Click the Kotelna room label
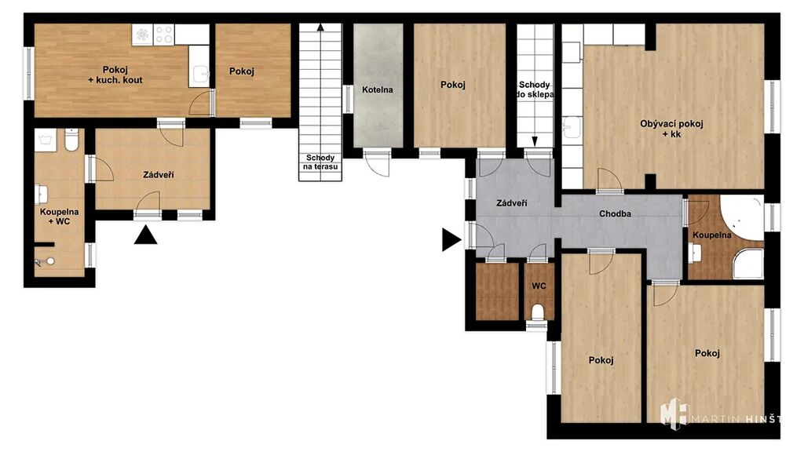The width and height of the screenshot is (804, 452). tap(378, 89)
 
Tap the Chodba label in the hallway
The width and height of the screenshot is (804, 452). tap(615, 213)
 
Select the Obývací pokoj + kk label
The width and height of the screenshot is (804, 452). tap(671, 129)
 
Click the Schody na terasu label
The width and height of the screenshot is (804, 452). tap(320, 162)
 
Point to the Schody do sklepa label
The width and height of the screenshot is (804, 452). tap(535, 89)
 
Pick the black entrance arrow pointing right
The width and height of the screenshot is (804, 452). tap(451, 240)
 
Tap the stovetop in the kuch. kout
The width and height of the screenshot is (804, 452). tap(163, 35)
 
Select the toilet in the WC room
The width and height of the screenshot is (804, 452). tap(538, 312)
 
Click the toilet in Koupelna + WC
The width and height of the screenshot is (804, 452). tap(71, 140)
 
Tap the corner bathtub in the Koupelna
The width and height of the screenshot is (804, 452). tap(743, 218)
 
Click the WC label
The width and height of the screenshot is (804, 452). tap(539, 286)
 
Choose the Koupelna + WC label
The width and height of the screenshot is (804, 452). tap(60, 217)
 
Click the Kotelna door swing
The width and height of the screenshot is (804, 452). tap(378, 164)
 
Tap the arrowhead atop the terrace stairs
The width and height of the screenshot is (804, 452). tap(320, 27)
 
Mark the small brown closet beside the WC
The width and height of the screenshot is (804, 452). tap(497, 292)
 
